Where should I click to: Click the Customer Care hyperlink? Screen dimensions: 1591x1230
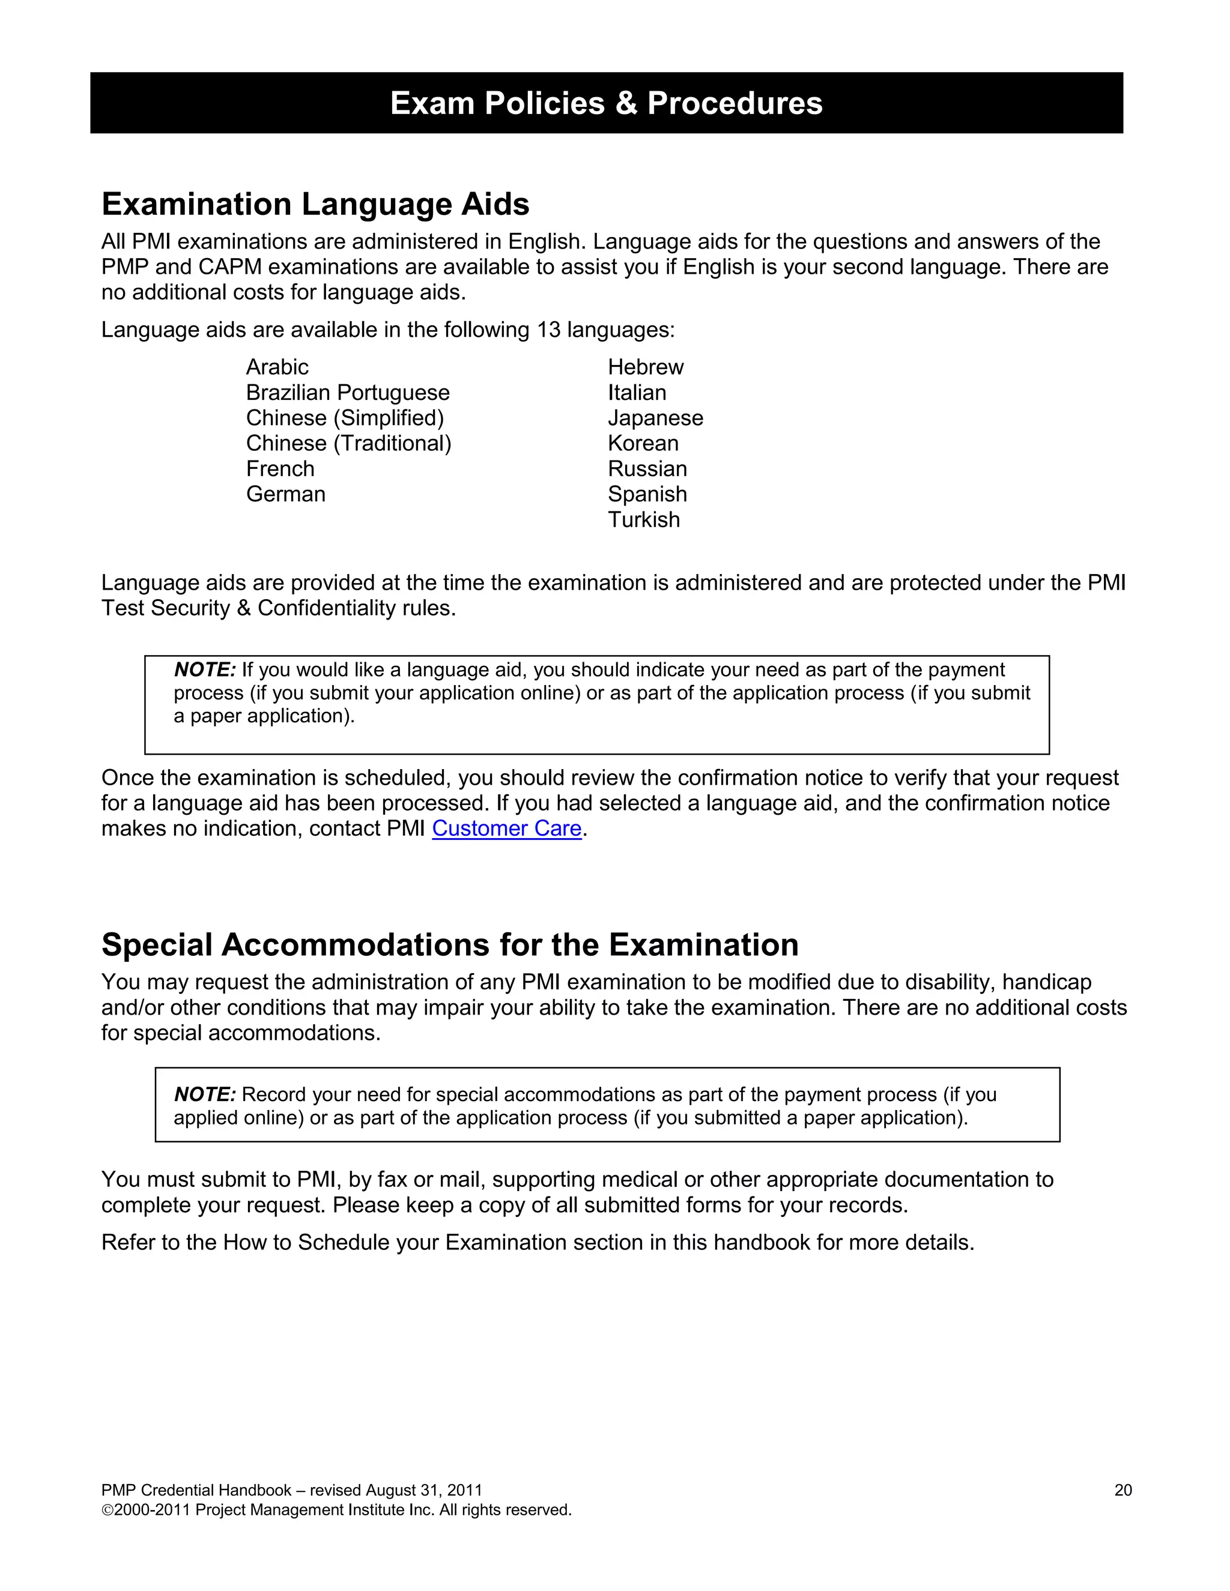tap(506, 829)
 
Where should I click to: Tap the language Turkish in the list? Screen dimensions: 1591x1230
tap(643, 519)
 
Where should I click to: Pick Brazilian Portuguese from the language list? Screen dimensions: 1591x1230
tap(348, 392)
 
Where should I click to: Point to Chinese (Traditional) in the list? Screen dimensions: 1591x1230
tap(348, 443)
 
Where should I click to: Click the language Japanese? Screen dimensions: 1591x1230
tap(655, 417)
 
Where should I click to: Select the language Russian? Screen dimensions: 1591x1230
tap(647, 468)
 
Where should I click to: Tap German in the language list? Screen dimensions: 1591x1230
tap(286, 494)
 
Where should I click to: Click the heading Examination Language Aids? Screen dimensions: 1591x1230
tap(315, 204)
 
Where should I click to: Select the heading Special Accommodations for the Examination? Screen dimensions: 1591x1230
tap(450, 944)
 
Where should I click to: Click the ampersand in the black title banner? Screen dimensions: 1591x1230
tap(626, 103)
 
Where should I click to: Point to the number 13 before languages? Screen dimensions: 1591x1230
tap(549, 330)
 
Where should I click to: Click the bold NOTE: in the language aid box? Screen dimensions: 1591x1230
tap(205, 669)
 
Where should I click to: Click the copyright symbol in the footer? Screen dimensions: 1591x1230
tap(107, 1510)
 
